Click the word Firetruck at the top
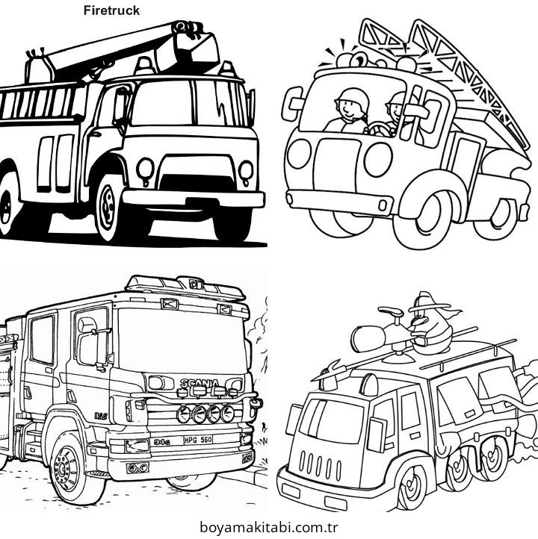(x=111, y=10)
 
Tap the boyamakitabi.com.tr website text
(x=270, y=528)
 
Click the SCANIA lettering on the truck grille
(x=200, y=384)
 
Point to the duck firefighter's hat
(x=427, y=302)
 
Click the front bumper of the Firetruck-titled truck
(x=193, y=199)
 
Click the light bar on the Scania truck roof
(x=187, y=284)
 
